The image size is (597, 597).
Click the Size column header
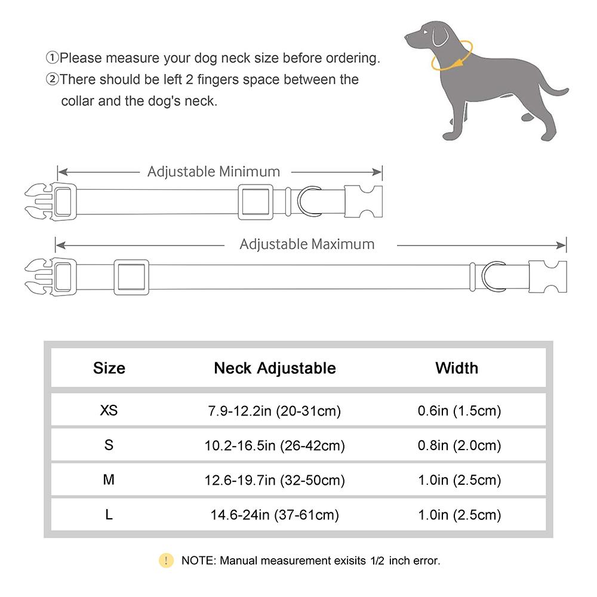[109, 368]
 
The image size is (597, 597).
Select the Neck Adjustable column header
[275, 368]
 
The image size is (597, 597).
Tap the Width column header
[457, 368]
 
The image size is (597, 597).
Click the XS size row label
[109, 411]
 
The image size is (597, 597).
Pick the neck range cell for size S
[275, 445]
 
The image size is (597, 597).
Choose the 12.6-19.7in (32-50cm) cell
[275, 480]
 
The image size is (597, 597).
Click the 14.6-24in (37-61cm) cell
[275, 515]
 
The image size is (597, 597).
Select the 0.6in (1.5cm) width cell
[458, 411]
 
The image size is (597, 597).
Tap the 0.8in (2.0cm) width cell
[458, 445]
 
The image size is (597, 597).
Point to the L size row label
[109, 515]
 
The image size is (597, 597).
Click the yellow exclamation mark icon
[165, 561]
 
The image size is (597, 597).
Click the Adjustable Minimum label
[214, 172]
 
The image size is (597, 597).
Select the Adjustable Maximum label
[307, 244]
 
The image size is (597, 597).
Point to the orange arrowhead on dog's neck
[458, 63]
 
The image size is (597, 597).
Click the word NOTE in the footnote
[198, 561]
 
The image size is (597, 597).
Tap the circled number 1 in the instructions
[53, 59]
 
